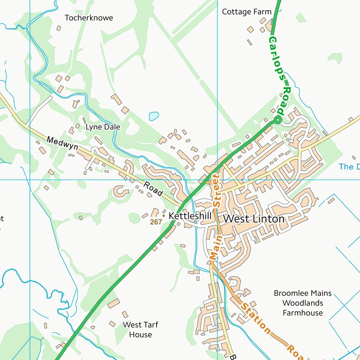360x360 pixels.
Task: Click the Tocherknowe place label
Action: [89, 18]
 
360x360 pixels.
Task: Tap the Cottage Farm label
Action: [247, 12]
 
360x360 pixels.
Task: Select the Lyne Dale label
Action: [103, 127]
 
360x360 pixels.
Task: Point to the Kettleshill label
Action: [190, 216]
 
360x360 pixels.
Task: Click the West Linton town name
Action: [254, 219]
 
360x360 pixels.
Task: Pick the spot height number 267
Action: [156, 222]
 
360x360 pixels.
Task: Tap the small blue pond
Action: [154, 116]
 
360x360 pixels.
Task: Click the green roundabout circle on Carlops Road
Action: [277, 120]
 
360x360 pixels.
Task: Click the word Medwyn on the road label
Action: [62, 143]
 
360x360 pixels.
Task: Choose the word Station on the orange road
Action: [255, 318]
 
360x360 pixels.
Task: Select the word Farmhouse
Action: [302, 313]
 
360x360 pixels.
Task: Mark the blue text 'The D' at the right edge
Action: [349, 166]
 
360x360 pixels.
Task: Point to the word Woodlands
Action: [302, 303]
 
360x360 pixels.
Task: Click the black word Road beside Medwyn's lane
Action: [153, 189]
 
